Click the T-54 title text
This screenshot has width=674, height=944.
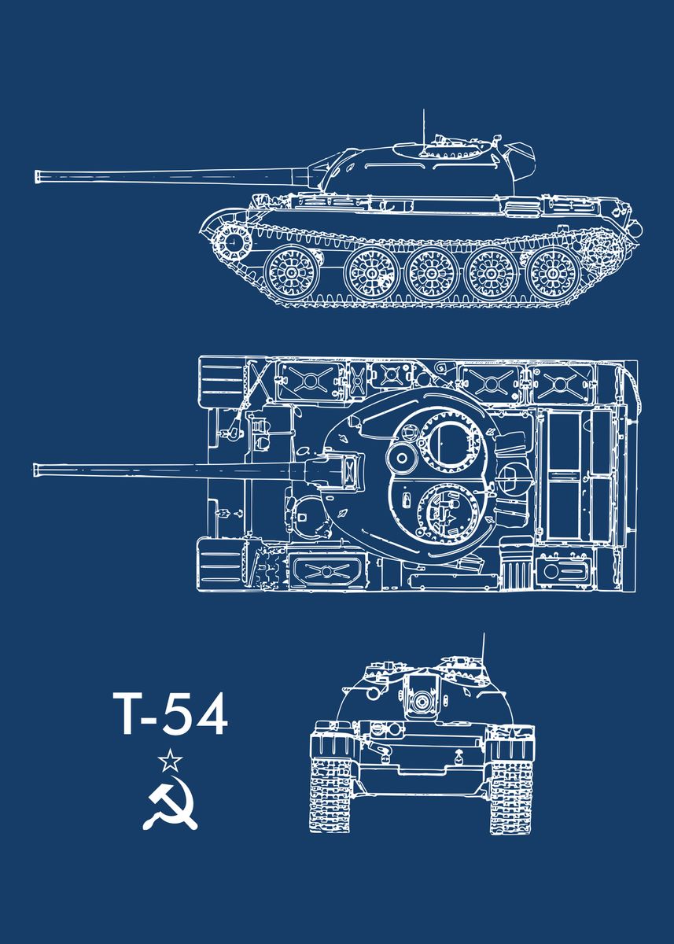[169, 714]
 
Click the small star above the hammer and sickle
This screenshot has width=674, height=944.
[170, 761]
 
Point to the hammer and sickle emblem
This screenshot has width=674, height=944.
[170, 805]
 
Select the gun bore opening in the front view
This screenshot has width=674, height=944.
[422, 700]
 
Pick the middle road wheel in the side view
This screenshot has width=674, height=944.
[431, 272]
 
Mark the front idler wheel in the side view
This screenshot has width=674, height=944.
[233, 242]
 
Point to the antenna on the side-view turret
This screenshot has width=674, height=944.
[424, 126]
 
